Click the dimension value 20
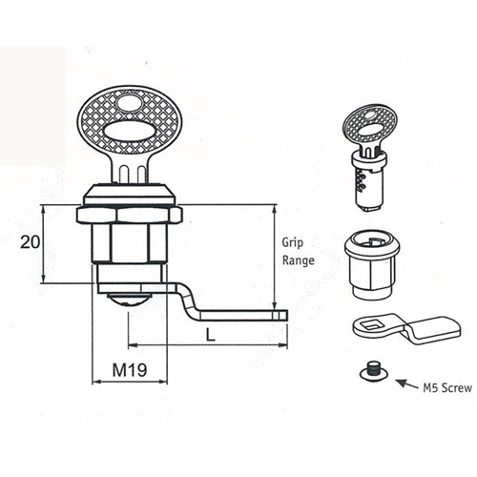click(31, 242)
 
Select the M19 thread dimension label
click(130, 370)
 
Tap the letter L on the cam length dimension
click(210, 335)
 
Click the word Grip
click(293, 243)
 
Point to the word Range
click(299, 260)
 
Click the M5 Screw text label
click(447, 388)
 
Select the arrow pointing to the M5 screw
click(408, 384)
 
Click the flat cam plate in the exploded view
click(407, 329)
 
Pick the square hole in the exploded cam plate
click(372, 324)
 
